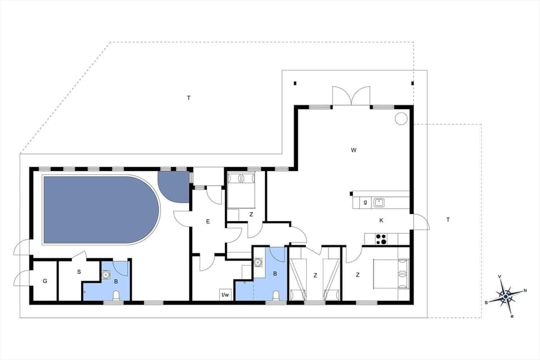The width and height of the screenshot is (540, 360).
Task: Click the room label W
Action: [353, 150]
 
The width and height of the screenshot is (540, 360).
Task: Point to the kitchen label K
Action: [381, 220]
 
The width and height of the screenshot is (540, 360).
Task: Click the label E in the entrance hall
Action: [208, 222]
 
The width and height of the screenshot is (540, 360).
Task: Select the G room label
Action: [44, 280]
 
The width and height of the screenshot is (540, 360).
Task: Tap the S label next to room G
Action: [79, 272]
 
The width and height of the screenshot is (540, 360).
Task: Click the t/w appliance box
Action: [226, 294]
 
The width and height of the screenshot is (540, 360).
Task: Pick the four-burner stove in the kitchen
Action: [381, 239]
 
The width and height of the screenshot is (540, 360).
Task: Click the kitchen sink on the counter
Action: [379, 202]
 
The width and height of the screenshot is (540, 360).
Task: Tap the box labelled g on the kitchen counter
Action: [364, 202]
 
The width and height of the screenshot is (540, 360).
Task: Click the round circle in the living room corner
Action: [401, 118]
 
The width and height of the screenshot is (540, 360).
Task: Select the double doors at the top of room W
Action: [352, 96]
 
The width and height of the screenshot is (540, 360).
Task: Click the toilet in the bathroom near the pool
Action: [116, 295]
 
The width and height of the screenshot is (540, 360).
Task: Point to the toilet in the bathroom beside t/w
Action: [276, 295]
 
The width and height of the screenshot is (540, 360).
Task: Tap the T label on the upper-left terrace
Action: [189, 98]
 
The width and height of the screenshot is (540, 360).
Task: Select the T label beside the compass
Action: [448, 219]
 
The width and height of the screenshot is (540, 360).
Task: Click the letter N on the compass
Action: [525, 291]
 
